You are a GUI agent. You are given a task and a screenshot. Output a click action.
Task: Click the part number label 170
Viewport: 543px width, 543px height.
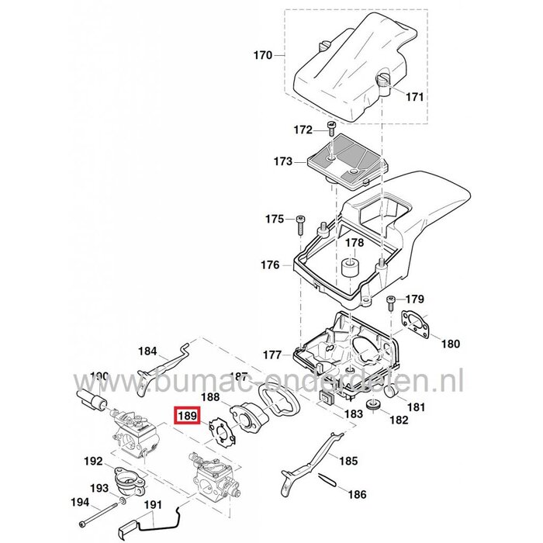(264, 56)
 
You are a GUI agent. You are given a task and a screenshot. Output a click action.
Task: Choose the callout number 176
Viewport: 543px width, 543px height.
(270, 265)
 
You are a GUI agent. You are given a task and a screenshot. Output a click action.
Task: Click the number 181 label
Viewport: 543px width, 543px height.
(415, 406)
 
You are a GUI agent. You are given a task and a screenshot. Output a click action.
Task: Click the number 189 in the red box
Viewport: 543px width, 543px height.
(186, 417)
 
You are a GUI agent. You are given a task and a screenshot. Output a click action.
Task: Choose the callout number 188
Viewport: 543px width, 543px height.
(209, 396)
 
